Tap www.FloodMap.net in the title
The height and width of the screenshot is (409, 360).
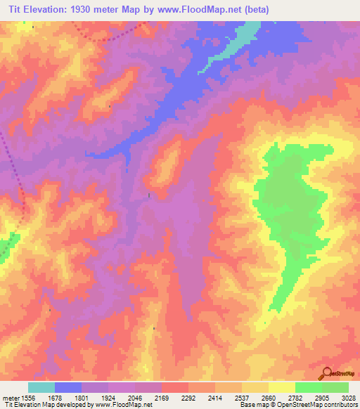(193, 10)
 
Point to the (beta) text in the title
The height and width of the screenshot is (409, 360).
(253, 10)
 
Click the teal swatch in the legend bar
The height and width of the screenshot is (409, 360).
(41, 387)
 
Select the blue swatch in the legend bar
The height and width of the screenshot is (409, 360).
(68, 387)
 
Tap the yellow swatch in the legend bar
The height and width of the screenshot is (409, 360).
(282, 387)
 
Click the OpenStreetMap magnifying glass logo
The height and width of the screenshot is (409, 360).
(325, 372)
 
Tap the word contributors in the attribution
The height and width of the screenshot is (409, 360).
(341, 405)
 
